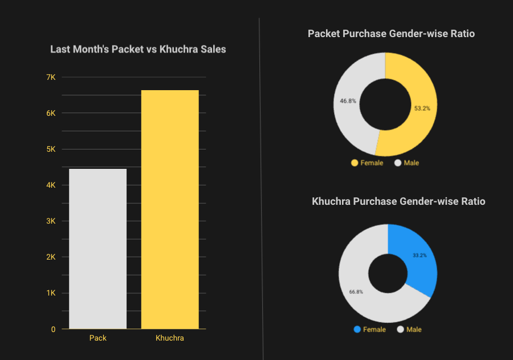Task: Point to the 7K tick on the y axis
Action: tap(51, 77)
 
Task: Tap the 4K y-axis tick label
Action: tap(51, 185)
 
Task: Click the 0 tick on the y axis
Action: tap(54, 329)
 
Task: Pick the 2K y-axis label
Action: tap(51, 257)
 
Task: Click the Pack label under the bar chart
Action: tap(97, 338)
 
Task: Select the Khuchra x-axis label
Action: tap(170, 338)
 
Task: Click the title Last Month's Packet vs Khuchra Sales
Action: tap(138, 50)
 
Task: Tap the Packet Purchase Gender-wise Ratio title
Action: tap(391, 34)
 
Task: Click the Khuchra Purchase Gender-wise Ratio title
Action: tap(398, 201)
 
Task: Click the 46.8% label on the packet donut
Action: tap(348, 101)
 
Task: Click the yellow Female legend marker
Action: tap(355, 163)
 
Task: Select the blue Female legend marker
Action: tap(357, 330)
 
